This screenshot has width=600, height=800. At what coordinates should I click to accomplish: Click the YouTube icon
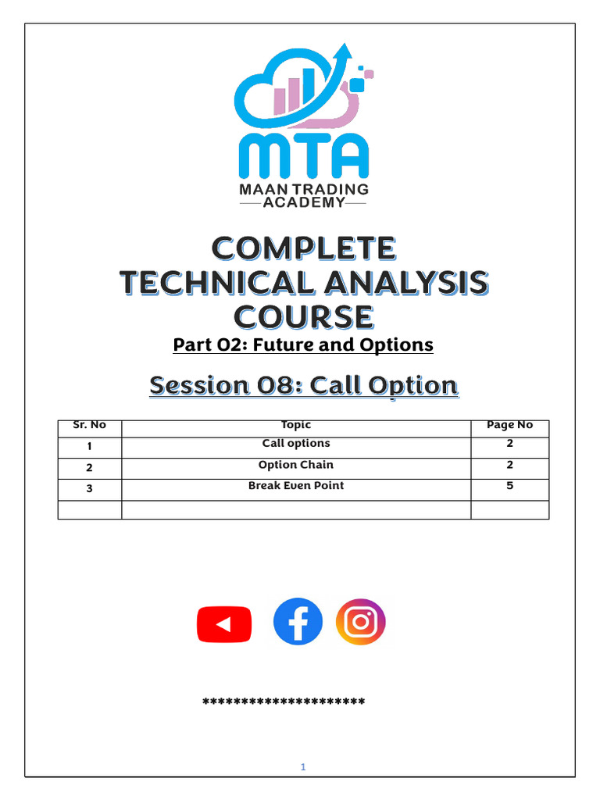coord(224,624)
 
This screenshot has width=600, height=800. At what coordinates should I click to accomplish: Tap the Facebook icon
coord(298,622)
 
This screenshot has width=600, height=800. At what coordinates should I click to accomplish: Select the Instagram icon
coord(360,622)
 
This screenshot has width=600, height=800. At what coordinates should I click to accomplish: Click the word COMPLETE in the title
coord(304,249)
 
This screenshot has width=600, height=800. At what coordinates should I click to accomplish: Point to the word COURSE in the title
coord(304,317)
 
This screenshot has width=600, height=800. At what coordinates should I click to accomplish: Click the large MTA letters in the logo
coord(303,156)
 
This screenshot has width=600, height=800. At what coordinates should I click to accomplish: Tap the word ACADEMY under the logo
coord(303,202)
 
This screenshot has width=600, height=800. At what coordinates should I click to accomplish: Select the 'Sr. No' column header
coord(89,426)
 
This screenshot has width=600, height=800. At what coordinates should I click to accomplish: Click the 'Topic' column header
coord(296,426)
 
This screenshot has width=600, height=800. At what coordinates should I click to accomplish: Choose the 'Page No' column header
coord(509,426)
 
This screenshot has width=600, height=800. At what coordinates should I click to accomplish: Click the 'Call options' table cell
coord(296,444)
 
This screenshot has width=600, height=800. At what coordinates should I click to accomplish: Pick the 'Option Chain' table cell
coord(296,465)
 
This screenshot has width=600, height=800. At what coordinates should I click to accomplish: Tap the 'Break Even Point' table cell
coord(296,486)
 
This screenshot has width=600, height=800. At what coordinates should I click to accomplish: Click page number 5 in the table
coord(509,486)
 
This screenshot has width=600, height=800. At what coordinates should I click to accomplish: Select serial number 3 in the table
coord(90,488)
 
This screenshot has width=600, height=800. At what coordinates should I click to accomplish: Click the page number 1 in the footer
coord(303,767)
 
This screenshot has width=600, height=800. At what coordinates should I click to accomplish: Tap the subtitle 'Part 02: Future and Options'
coord(303,345)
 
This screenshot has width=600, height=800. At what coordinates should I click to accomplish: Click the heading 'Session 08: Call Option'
coord(303,385)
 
